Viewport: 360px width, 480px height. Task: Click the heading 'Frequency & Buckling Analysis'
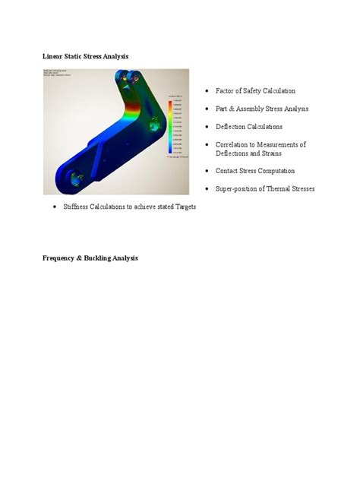click(x=90, y=258)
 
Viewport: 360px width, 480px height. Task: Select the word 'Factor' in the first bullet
click(x=226, y=91)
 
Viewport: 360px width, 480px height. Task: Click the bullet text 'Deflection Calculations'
click(x=249, y=127)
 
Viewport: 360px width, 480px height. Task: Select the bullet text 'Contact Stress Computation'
click(x=255, y=171)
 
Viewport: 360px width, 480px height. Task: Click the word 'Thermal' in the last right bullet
click(x=281, y=188)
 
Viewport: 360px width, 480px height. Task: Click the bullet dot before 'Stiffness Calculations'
click(x=55, y=207)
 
